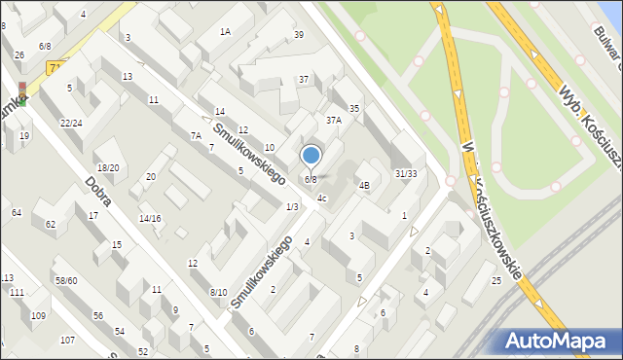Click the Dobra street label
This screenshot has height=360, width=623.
click(x=96, y=192)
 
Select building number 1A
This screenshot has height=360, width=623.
click(x=225, y=32)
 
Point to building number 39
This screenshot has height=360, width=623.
click(x=298, y=35)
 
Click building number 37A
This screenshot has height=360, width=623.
click(x=333, y=121)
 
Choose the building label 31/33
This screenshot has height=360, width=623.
click(x=406, y=174)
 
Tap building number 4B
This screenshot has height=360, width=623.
click(x=364, y=185)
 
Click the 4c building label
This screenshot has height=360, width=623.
click(x=322, y=198)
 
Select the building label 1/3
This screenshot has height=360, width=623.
click(x=292, y=206)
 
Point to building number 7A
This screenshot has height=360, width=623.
click(x=196, y=135)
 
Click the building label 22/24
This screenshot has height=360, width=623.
click(x=70, y=124)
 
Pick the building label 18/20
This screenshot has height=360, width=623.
click(x=107, y=168)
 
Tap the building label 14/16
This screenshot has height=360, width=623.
click(x=150, y=219)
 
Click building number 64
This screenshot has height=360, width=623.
click(x=16, y=212)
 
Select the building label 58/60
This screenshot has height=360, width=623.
click(x=66, y=280)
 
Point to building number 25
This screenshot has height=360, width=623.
click(x=496, y=281)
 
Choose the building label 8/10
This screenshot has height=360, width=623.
click(x=218, y=292)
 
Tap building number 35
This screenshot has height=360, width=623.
click(x=354, y=109)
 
